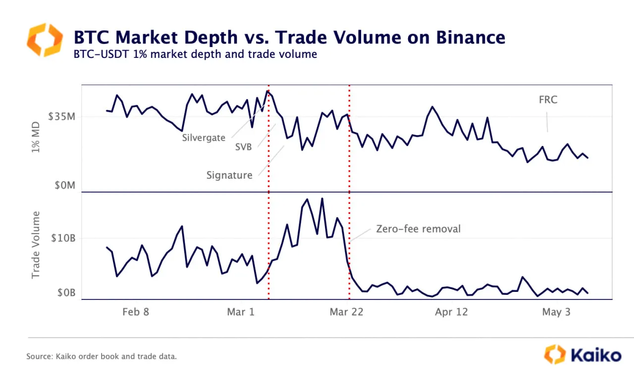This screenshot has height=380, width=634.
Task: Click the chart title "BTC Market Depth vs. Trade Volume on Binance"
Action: point(289,37)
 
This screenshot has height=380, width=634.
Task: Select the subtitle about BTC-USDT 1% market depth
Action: point(195,54)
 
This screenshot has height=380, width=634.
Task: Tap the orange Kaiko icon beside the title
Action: point(45,40)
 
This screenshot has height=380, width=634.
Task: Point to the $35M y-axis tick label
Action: point(61,117)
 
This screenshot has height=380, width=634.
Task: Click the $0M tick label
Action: point(65,186)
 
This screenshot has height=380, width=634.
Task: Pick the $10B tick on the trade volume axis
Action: point(63,238)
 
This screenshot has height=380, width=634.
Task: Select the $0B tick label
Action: point(66,293)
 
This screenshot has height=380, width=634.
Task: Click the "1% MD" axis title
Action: point(36,138)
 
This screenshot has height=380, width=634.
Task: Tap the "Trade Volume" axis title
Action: point(36,245)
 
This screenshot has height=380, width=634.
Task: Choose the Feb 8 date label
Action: point(135,312)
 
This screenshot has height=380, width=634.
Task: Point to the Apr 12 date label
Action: point(451,312)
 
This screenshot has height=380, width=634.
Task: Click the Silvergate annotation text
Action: point(204,138)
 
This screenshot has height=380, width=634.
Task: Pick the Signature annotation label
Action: point(229,175)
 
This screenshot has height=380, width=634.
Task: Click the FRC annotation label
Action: point(548,100)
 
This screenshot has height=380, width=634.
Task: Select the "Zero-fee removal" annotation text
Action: point(418,229)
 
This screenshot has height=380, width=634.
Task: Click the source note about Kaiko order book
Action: point(102,356)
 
